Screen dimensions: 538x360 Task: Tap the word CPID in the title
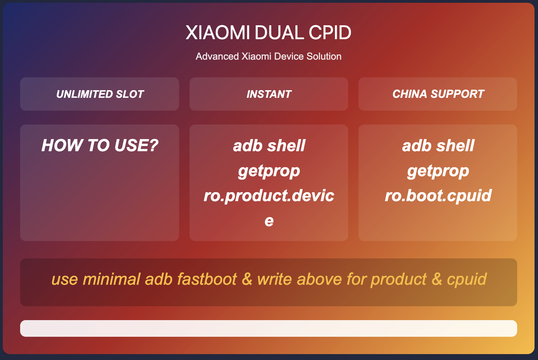tap(330, 32)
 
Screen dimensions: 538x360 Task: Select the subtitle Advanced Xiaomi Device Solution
tap(269, 57)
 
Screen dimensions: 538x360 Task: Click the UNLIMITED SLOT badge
tap(100, 94)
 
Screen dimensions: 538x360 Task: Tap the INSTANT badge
tap(269, 94)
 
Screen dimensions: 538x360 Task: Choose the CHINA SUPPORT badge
tap(438, 94)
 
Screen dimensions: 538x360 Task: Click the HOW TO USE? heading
tap(100, 145)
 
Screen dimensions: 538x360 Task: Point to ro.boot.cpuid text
tap(438, 195)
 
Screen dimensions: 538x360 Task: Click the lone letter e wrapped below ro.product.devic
tap(269, 221)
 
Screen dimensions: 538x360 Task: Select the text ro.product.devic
tap(269, 195)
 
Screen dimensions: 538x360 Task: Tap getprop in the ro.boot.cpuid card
tap(438, 171)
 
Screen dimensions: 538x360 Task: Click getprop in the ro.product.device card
tap(269, 171)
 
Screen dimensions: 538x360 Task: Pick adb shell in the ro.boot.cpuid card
tap(438, 145)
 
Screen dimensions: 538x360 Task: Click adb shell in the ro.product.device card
tap(269, 145)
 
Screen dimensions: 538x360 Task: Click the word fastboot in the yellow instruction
tap(207, 279)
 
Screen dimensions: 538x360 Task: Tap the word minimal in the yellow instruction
tap(111, 279)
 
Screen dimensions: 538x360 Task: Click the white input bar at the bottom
tap(269, 328)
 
